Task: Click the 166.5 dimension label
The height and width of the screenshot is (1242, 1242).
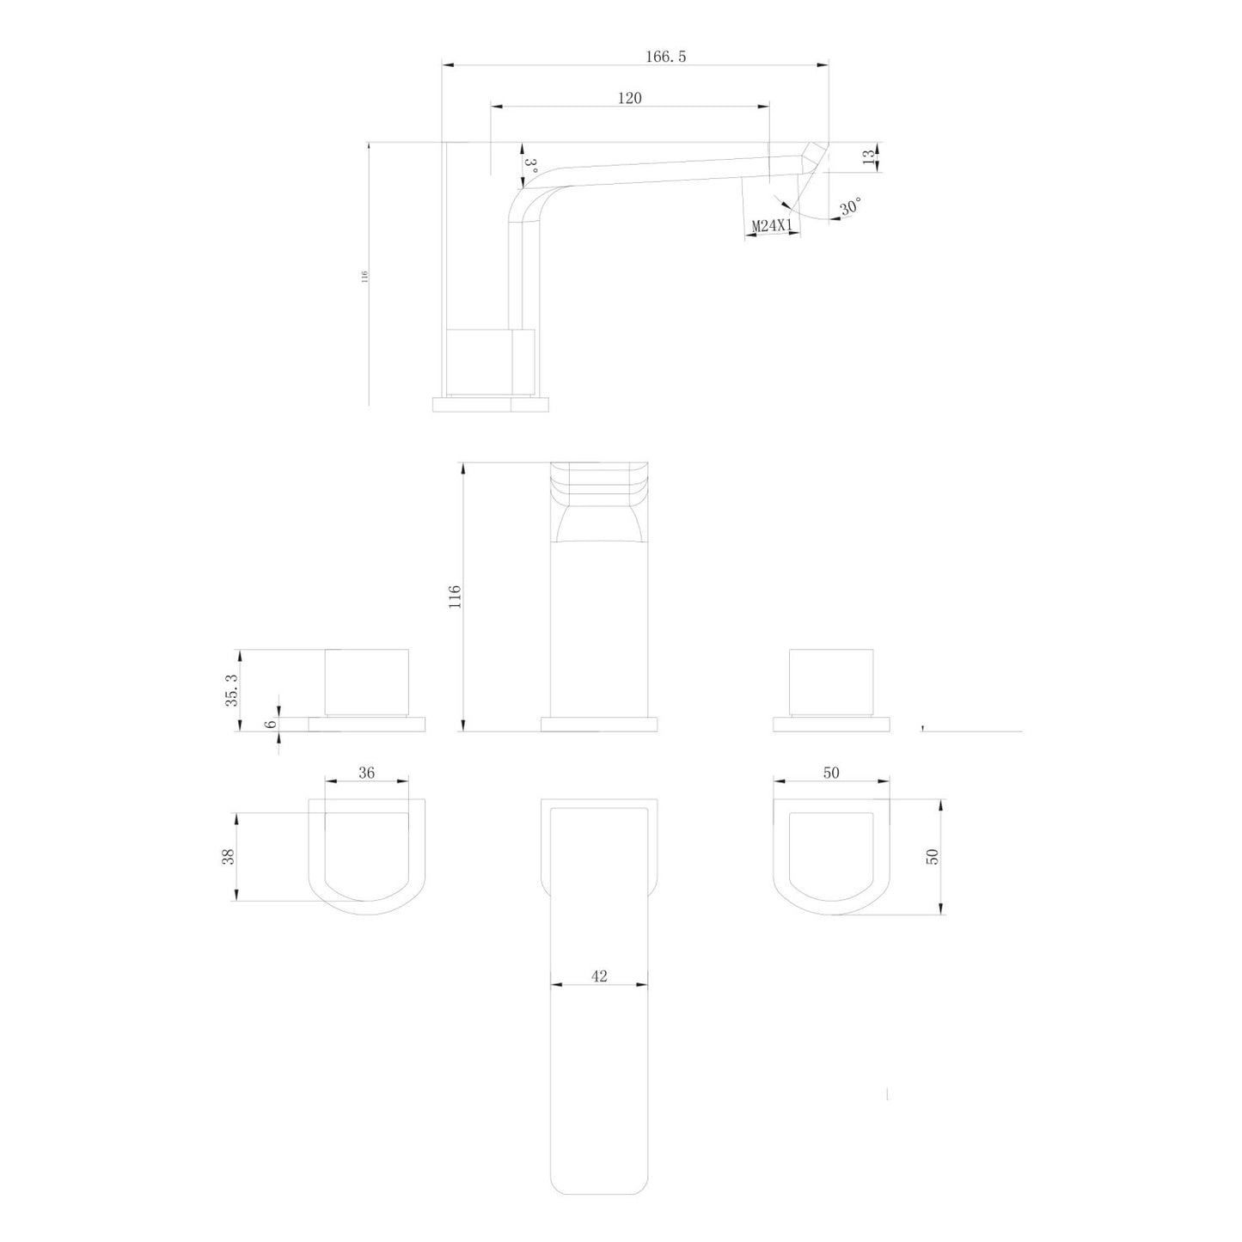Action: tap(665, 57)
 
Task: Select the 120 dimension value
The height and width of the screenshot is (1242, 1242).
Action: tap(629, 99)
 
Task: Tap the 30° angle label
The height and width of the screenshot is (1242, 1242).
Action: tap(850, 207)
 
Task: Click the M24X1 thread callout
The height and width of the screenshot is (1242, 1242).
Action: tap(771, 226)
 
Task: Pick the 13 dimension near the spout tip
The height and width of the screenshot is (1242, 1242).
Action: tap(869, 156)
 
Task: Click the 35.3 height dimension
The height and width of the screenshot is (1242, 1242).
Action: tap(230, 689)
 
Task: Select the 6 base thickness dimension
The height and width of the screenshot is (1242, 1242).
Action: tap(272, 724)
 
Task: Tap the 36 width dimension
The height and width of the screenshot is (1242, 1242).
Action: tap(366, 773)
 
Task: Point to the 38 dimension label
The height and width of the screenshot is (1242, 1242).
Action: tap(229, 857)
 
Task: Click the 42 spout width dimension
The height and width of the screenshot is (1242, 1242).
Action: tap(599, 976)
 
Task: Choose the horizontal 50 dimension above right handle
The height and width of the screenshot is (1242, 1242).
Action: tap(830, 773)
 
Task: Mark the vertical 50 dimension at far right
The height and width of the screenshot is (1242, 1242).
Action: tap(933, 856)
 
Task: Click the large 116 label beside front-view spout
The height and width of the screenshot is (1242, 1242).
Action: tap(456, 597)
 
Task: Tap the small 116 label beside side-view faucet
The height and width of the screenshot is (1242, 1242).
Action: tap(364, 276)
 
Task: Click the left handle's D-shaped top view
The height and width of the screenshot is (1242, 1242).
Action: tap(367, 855)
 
